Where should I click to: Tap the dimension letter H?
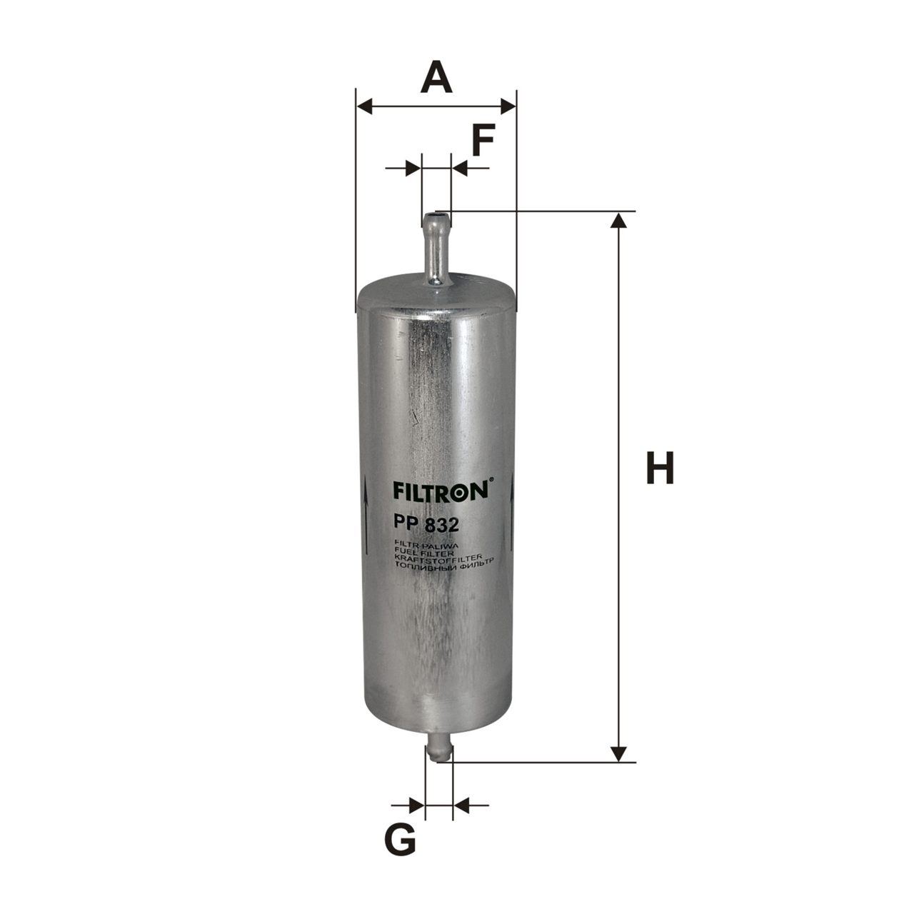(x=661, y=468)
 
